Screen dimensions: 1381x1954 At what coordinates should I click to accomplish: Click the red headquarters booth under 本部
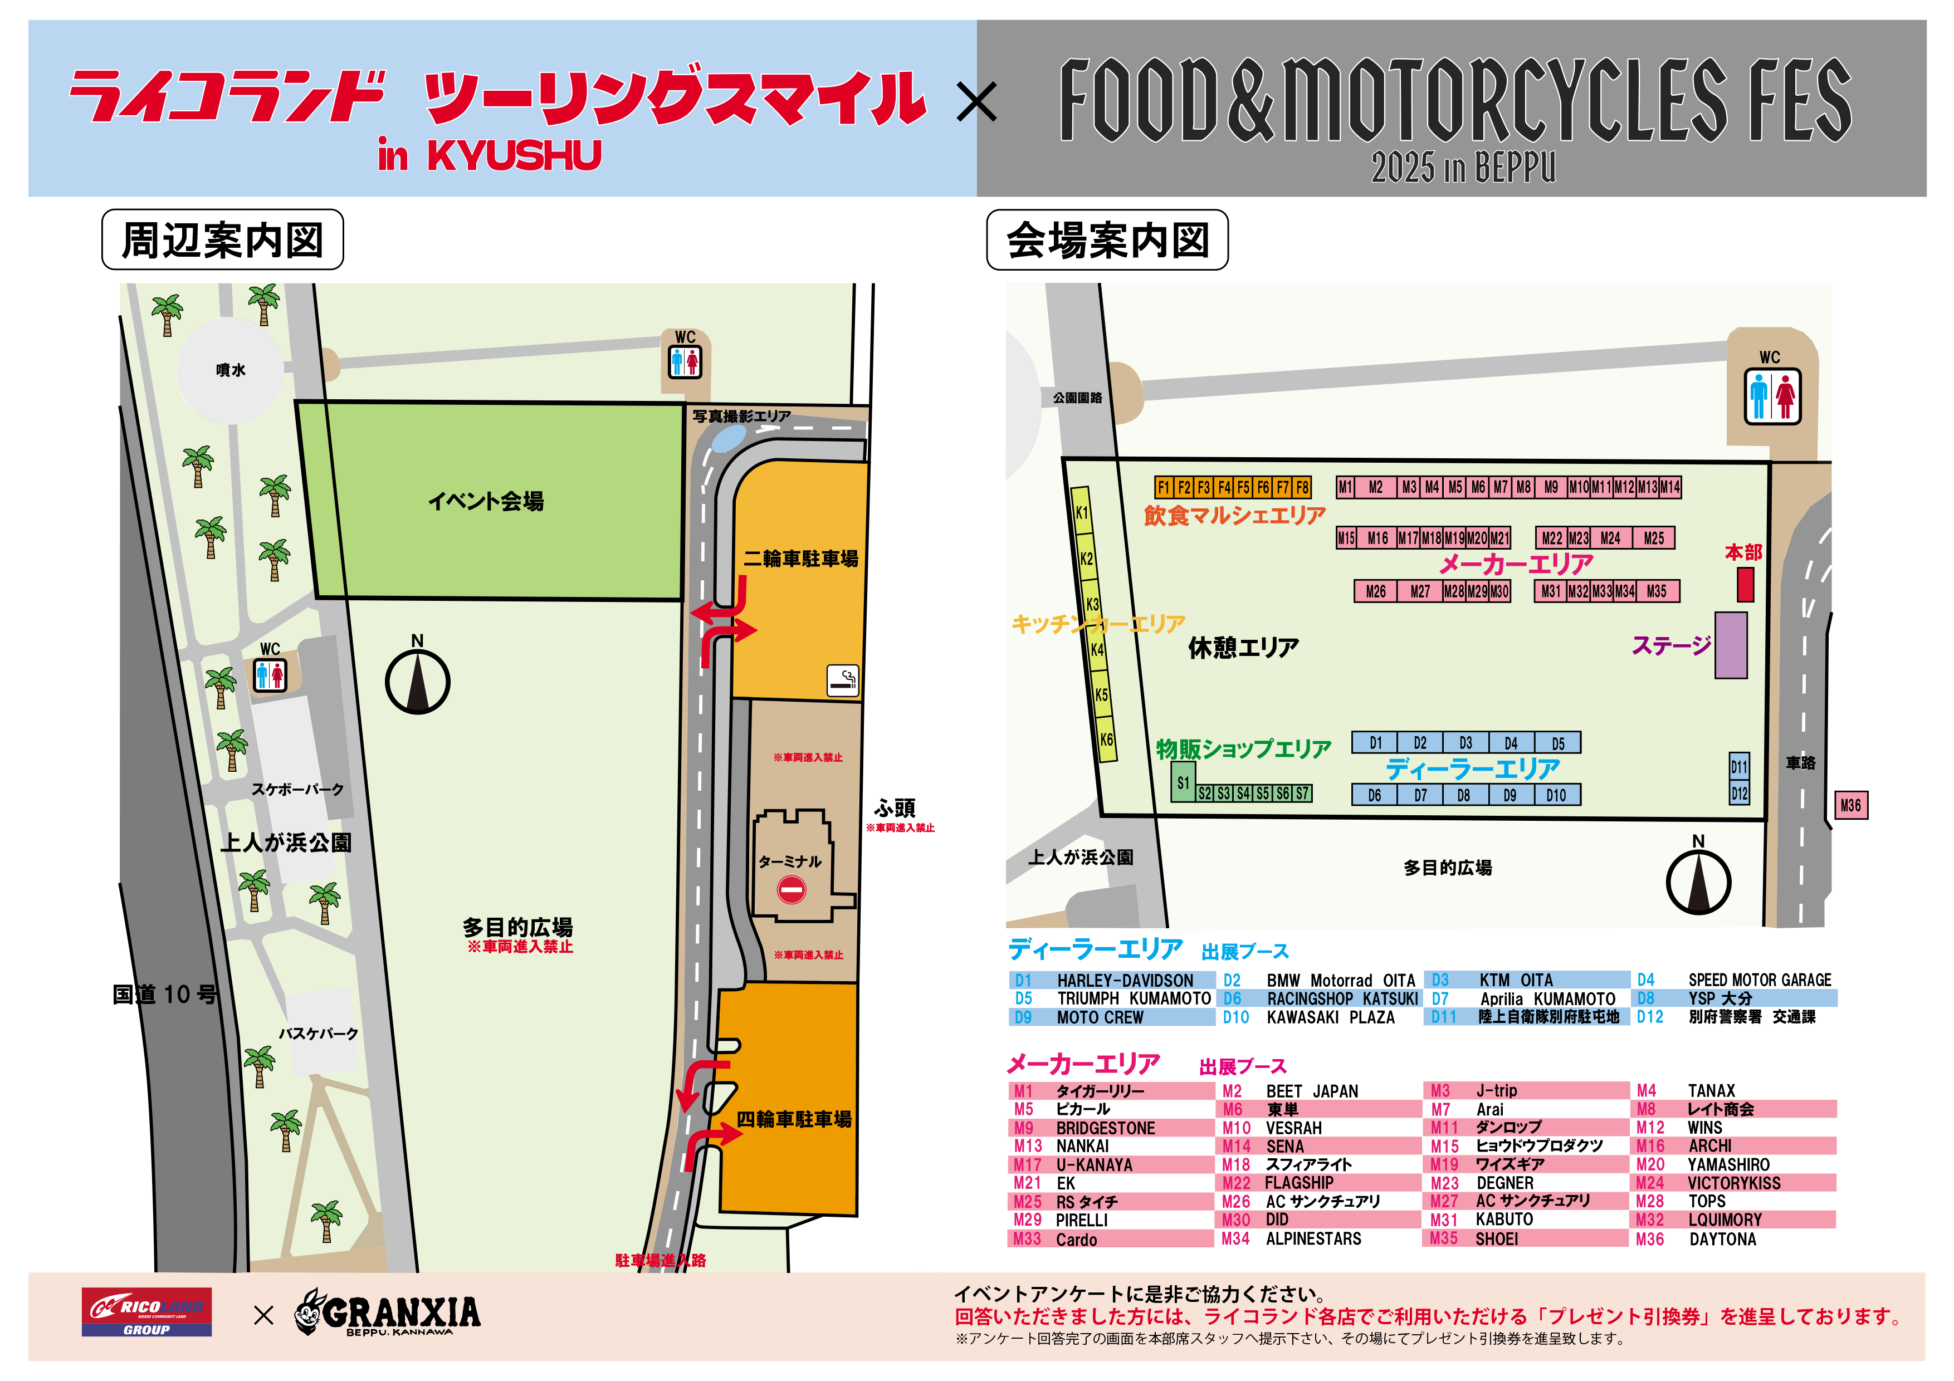pyautogui.click(x=1745, y=585)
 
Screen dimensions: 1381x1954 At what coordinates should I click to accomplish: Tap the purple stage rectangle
pyautogui.click(x=1730, y=645)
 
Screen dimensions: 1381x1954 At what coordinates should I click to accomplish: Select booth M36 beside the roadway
pyautogui.click(x=1850, y=805)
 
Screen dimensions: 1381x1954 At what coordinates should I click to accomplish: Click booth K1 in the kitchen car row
pyautogui.click(x=1081, y=512)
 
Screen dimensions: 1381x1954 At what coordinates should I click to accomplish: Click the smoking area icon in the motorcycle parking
pyautogui.click(x=843, y=680)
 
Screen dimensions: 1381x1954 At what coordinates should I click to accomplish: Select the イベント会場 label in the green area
pyautogui.click(x=486, y=501)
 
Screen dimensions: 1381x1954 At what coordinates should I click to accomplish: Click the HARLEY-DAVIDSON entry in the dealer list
pyautogui.click(x=1124, y=980)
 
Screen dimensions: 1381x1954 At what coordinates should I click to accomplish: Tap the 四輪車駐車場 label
pyautogui.click(x=793, y=1119)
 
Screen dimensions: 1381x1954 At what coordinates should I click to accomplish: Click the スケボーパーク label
pyautogui.click(x=297, y=789)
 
